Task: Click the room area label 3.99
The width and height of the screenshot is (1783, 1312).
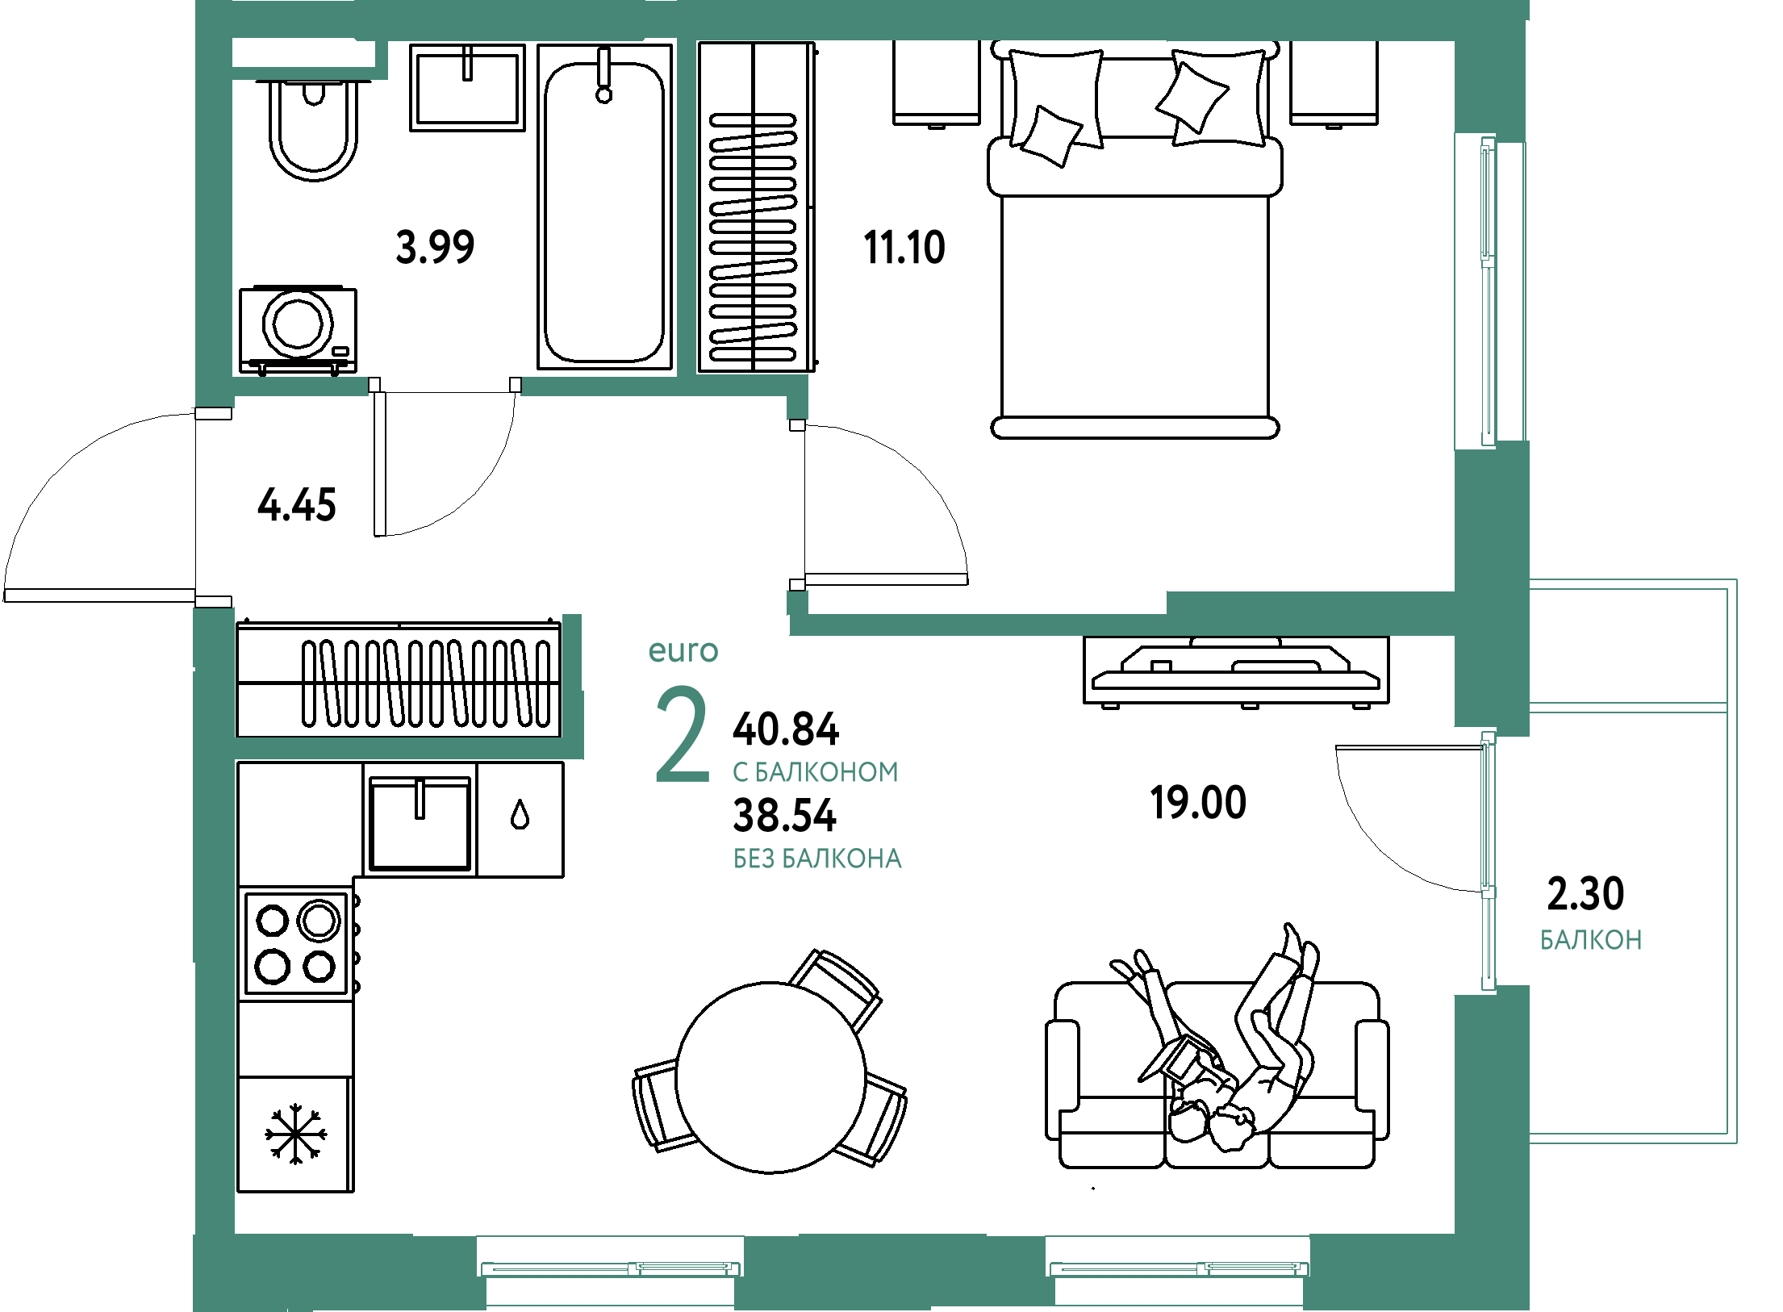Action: click(x=436, y=247)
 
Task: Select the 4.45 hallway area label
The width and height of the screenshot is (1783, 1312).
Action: click(x=296, y=506)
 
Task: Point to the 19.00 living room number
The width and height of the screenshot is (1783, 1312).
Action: click(x=1198, y=802)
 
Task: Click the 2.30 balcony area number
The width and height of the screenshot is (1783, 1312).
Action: click(x=1585, y=893)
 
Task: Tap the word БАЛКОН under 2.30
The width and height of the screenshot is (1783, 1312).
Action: click(x=1591, y=940)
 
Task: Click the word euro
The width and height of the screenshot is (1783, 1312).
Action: click(x=683, y=650)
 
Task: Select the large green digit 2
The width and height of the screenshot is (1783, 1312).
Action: click(x=682, y=734)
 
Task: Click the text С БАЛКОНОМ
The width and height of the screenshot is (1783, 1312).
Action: click(x=816, y=772)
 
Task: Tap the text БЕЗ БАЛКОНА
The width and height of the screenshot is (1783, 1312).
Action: click(x=817, y=859)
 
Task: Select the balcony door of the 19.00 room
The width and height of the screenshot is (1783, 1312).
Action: click(x=1488, y=859)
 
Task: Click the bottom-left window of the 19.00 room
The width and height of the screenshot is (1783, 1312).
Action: click(x=611, y=1268)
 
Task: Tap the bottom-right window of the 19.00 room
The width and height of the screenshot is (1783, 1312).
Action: click(x=1179, y=1268)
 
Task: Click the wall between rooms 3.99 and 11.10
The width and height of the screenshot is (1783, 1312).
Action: click(x=687, y=208)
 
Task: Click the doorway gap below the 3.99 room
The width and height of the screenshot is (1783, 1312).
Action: click(x=445, y=386)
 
